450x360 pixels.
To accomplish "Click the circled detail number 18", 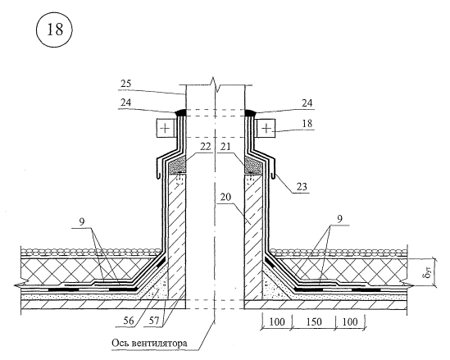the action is point(55,30).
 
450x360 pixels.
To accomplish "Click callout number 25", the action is point(125,84).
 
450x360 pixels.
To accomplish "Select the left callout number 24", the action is point(125,103).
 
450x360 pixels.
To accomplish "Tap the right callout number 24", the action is point(307,103).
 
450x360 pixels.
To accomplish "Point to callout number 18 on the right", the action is point(307,124).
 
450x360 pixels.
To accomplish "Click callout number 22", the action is point(205,147).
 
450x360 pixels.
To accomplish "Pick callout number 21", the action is point(226,147).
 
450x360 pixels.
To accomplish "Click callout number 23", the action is point(302,187).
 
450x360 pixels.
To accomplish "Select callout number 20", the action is point(226,198).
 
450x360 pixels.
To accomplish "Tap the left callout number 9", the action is point(82,222).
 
